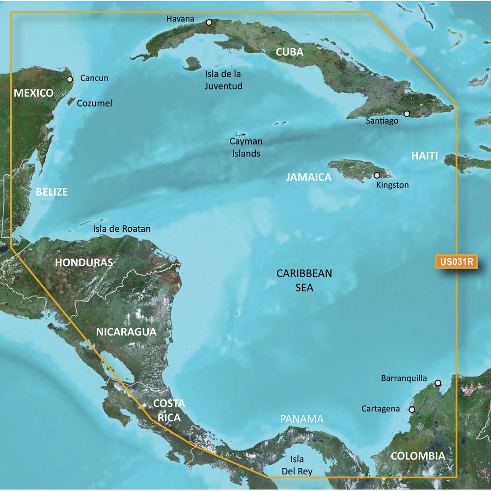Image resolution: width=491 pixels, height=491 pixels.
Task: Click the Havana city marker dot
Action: (x=209, y=22)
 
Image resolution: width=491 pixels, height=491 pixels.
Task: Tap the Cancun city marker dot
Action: (x=70, y=79)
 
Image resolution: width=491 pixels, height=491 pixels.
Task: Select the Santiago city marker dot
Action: (x=407, y=113)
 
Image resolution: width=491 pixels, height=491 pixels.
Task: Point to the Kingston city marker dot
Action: (x=377, y=175)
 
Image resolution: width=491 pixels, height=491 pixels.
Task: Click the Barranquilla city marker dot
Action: (x=437, y=382)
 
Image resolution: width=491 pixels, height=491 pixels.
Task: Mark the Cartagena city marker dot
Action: (x=411, y=409)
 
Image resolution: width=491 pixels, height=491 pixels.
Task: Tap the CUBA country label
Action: (x=288, y=52)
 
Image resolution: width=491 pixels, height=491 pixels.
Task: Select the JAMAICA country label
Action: (x=309, y=177)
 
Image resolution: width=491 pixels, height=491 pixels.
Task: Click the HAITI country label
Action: (x=424, y=156)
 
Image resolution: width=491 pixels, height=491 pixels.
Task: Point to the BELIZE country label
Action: (x=52, y=191)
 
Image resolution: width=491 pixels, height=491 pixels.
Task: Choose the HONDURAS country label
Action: (x=84, y=262)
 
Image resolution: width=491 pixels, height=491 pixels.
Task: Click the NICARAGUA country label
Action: (x=126, y=331)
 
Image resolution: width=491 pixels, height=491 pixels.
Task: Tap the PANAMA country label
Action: (x=302, y=419)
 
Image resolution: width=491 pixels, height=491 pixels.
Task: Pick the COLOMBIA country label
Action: (x=418, y=456)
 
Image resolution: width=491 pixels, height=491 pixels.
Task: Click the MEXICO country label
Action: (x=33, y=93)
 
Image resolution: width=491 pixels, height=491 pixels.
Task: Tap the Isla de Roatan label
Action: (x=122, y=229)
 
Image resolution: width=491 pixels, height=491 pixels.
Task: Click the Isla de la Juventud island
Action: (x=192, y=63)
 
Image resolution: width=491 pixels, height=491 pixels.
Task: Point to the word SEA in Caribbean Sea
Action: (x=301, y=288)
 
